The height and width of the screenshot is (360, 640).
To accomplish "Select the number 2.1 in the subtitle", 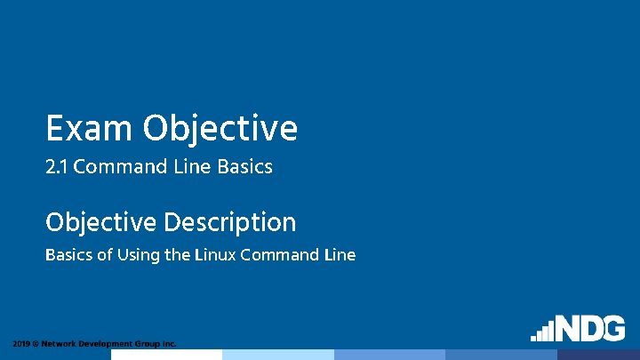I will coord(57,166).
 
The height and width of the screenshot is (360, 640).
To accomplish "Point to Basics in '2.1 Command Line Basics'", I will coord(243,166).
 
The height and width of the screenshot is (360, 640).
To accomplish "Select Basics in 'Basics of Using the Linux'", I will coord(68,255).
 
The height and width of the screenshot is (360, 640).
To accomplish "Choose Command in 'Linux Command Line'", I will coord(279,255).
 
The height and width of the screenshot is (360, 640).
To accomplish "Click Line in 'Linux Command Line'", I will coord(340,255).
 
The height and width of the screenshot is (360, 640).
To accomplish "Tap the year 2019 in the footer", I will coord(21,343).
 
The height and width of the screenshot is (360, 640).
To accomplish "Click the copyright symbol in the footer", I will coord(36,343).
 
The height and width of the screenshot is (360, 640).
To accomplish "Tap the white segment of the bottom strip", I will coord(166,354).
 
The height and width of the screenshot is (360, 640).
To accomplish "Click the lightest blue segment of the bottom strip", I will coord(277,354).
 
